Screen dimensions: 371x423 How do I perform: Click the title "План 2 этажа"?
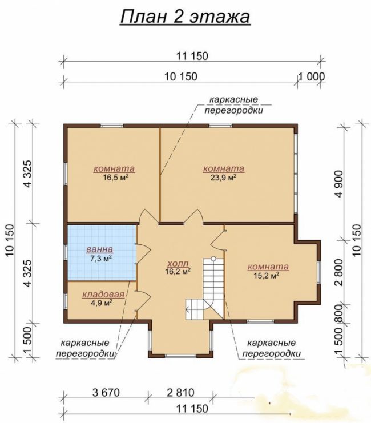click(x=185, y=17)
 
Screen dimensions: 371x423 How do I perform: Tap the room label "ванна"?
click(x=99, y=249)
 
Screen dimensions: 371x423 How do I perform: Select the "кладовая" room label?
click(x=103, y=295)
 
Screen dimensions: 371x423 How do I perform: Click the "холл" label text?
click(x=178, y=263)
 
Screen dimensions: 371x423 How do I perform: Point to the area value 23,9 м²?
click(x=223, y=178)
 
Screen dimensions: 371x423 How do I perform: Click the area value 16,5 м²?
click(x=115, y=178)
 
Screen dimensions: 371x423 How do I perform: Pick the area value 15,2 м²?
click(x=266, y=276)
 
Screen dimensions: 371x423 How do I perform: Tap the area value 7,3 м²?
click(x=101, y=259)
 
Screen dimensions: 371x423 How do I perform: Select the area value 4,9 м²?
click(x=102, y=303)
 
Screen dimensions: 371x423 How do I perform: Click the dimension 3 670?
click(x=106, y=393)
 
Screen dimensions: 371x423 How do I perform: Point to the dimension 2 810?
click(x=180, y=393)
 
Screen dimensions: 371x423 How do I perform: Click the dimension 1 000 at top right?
click(x=311, y=77)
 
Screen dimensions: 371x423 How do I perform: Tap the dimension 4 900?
click(x=339, y=184)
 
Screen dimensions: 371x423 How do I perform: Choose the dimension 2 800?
click(x=339, y=272)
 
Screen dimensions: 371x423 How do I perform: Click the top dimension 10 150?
click(x=181, y=77)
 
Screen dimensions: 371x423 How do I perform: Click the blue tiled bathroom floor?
click(x=102, y=252)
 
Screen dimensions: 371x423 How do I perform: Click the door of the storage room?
click(x=143, y=301)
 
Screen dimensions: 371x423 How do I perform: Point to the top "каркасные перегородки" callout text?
click(x=233, y=105)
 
